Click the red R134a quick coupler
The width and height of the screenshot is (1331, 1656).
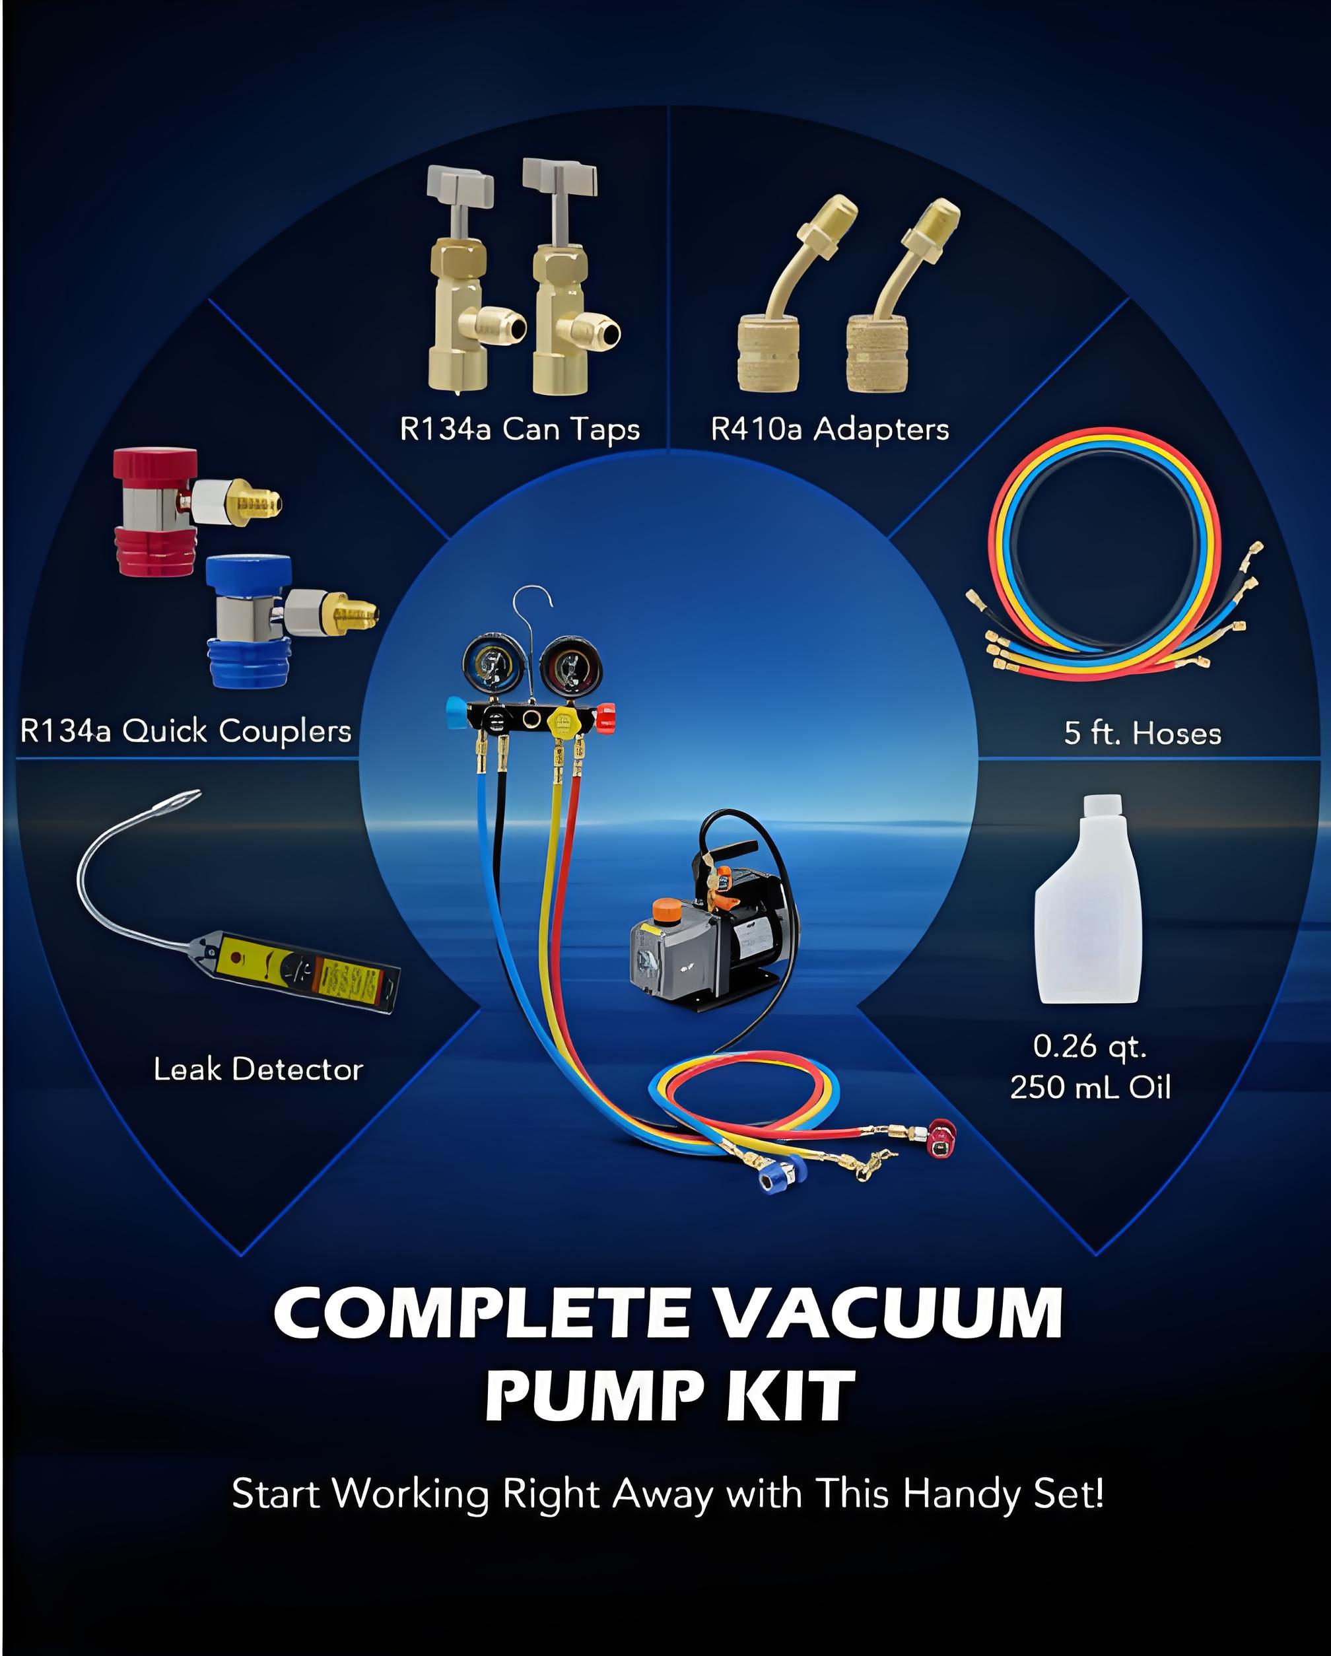[157, 512]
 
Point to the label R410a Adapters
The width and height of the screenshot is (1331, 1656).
[829, 429]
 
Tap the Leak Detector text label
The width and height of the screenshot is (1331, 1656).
[258, 1070]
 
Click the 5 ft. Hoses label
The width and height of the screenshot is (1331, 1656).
[1142, 734]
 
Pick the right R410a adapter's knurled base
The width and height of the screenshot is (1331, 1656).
[877, 357]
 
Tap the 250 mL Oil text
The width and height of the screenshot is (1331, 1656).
[1090, 1087]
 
